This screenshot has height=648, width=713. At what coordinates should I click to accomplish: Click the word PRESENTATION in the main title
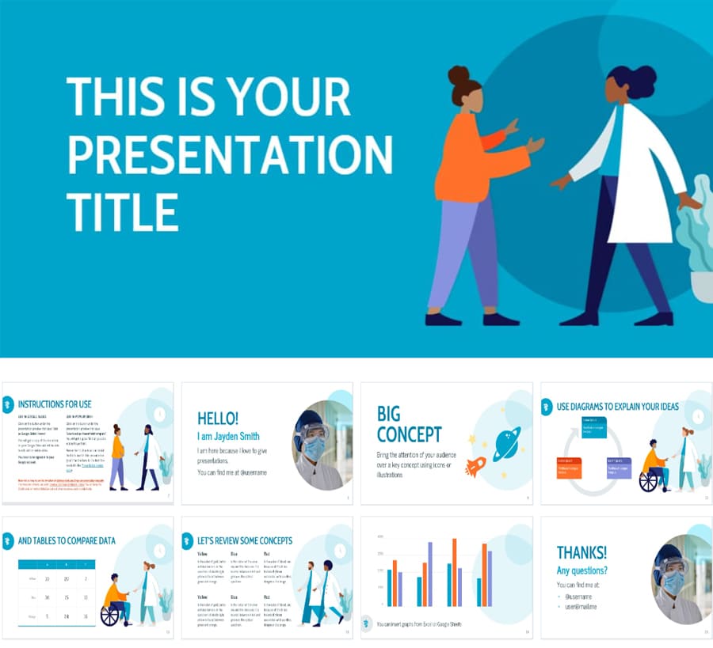[229, 155]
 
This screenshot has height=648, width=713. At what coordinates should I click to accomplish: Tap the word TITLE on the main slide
[122, 212]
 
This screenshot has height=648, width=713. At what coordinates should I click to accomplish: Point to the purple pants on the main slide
[463, 253]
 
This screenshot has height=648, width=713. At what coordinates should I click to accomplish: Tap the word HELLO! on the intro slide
[217, 419]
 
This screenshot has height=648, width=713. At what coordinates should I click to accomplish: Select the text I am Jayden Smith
[228, 436]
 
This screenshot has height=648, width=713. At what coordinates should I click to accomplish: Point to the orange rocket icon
[475, 468]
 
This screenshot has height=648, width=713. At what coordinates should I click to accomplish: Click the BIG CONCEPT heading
[409, 424]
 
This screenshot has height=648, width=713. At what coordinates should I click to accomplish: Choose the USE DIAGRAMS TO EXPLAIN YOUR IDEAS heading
[618, 407]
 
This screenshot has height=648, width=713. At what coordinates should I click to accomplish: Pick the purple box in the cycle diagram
[619, 468]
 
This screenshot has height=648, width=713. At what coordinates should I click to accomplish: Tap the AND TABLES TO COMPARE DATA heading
[67, 541]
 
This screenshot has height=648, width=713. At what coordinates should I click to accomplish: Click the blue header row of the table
[57, 565]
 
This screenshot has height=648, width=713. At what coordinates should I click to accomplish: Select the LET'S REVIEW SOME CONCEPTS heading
[245, 541]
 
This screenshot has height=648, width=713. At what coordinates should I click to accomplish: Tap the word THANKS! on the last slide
[581, 552]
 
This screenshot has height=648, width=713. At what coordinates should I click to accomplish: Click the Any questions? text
[581, 570]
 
